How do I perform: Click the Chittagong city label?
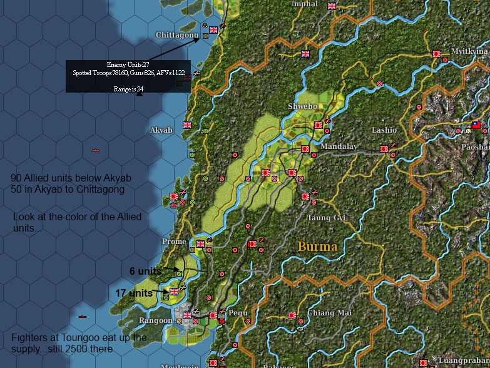tap(176, 35)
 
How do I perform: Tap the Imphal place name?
tap(305, 4)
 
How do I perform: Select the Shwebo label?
tap(302, 106)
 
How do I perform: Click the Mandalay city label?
tap(339, 146)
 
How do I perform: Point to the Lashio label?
tap(384, 130)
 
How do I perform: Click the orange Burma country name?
tap(317, 246)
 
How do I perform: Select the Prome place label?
tap(174, 242)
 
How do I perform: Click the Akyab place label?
tap(161, 130)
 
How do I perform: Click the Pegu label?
tap(238, 312)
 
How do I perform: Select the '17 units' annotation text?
tap(133, 293)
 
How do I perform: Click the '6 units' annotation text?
tap(145, 271)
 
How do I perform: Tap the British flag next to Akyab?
tap(186, 125)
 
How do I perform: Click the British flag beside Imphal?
tap(332, 6)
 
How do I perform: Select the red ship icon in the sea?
tap(96, 150)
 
